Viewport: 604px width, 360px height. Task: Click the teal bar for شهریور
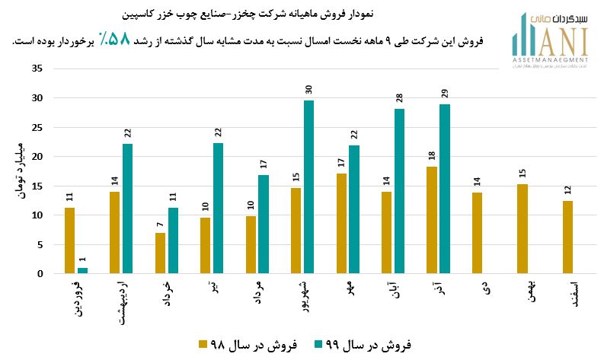coord(308,187)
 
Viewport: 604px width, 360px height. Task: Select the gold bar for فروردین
coord(69,241)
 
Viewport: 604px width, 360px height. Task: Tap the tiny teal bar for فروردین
coord(82,270)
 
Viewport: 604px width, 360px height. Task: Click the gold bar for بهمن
coord(522,229)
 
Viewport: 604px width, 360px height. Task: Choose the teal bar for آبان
coord(399,191)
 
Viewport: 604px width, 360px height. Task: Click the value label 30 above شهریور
coord(308,88)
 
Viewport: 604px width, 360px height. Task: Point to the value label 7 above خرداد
coord(160,225)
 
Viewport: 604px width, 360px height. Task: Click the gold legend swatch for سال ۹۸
coord(204,344)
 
